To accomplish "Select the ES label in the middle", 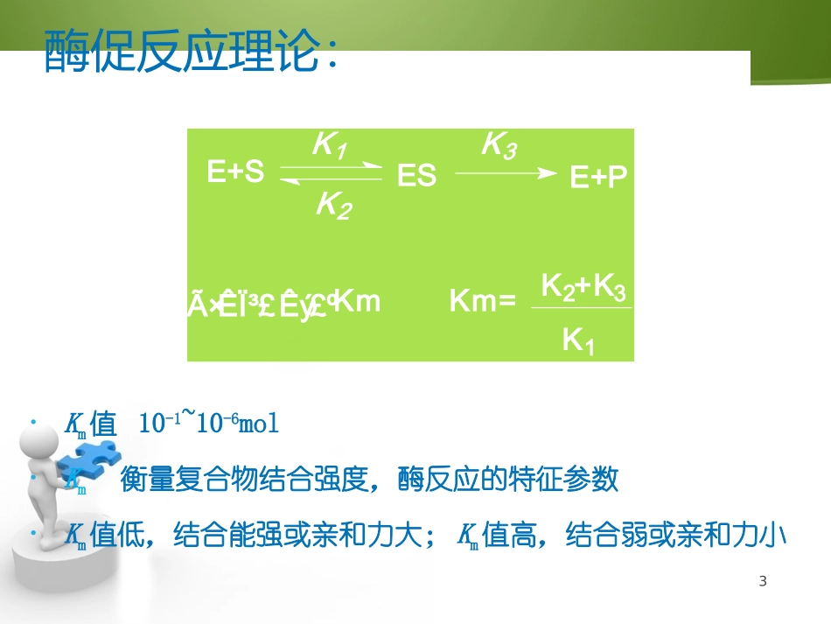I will [x=416, y=176].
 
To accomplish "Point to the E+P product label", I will [x=599, y=178].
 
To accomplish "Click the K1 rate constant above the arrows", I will [x=329, y=145].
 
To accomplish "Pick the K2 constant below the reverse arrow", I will [x=333, y=206].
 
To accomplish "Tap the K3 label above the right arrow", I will [x=499, y=145].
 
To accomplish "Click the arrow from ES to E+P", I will [x=506, y=173].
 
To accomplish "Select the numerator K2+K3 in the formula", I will [x=583, y=287].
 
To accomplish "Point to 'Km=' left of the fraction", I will [x=482, y=301].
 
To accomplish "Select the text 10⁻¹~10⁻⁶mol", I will [x=209, y=424].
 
